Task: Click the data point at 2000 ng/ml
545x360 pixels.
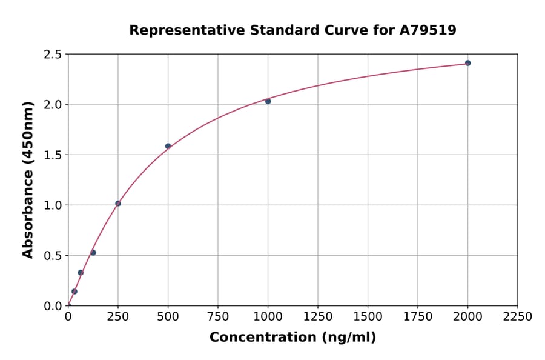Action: [467, 63]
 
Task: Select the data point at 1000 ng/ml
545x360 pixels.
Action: [268, 101]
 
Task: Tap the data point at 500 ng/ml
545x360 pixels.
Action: [168, 146]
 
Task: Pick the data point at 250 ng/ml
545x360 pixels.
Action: [118, 204]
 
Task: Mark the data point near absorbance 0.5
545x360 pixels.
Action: [93, 253]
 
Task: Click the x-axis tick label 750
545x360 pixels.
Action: [218, 317]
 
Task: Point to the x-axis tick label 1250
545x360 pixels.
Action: [318, 317]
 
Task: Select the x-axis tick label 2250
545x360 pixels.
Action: [518, 317]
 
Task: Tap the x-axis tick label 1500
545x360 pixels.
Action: [368, 317]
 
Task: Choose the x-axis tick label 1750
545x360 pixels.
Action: [418, 317]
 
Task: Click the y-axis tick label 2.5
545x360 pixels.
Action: [53, 55]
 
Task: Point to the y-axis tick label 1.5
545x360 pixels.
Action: [53, 155]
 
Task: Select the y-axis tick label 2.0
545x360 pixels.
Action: [53, 105]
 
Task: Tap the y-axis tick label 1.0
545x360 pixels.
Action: [53, 205]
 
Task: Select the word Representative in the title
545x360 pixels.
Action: [177, 30]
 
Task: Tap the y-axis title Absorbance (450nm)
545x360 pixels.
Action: [28, 180]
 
